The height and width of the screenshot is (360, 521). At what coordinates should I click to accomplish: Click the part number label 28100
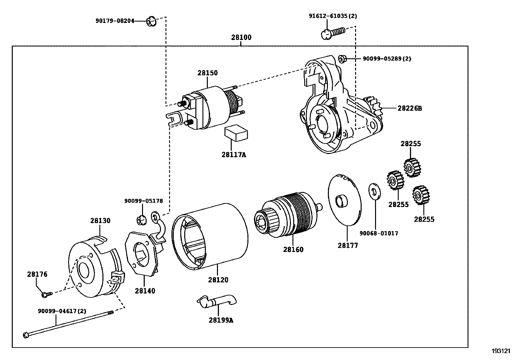tap(241, 37)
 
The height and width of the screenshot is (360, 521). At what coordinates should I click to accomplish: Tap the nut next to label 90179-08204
tap(151, 22)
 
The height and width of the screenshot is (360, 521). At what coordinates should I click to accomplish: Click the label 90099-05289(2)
tap(387, 59)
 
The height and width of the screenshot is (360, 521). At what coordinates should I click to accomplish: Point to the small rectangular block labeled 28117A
tap(236, 133)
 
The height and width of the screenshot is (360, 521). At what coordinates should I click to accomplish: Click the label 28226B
tap(409, 108)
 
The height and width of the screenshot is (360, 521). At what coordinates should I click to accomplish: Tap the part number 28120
tap(218, 280)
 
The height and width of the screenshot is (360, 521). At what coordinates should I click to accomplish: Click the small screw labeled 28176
tap(45, 295)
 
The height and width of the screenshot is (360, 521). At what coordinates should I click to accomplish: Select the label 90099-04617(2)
tap(62, 311)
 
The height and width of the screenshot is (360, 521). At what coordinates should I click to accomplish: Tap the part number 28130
tap(100, 221)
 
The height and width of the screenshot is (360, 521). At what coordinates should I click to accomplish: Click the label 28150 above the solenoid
tap(207, 73)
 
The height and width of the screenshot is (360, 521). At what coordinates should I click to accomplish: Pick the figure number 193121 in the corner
tap(501, 351)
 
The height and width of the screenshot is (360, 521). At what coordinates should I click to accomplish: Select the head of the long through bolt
tap(26, 335)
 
